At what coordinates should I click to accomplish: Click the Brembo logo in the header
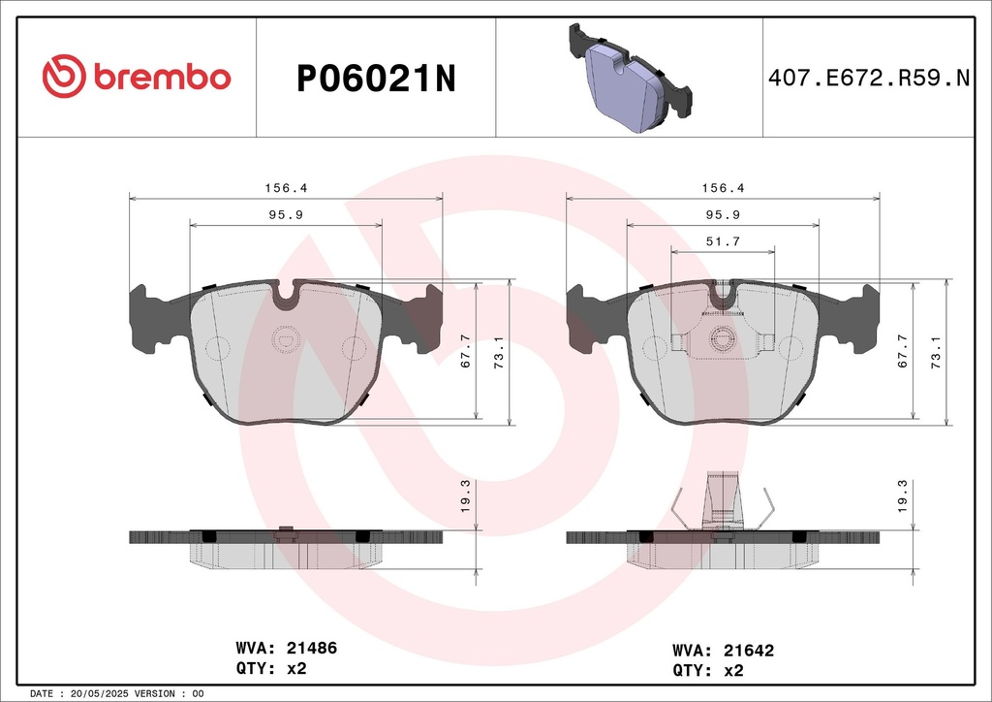(x=137, y=77)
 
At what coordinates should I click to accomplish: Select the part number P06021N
(x=376, y=80)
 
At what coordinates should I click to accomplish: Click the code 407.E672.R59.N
(x=869, y=78)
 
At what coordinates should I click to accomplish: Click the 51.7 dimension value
(x=723, y=241)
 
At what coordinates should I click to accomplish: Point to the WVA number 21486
(x=312, y=649)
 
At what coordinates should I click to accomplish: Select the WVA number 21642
(x=749, y=651)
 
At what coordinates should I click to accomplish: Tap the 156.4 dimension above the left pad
(x=286, y=188)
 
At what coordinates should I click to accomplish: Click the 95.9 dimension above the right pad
(x=723, y=214)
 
